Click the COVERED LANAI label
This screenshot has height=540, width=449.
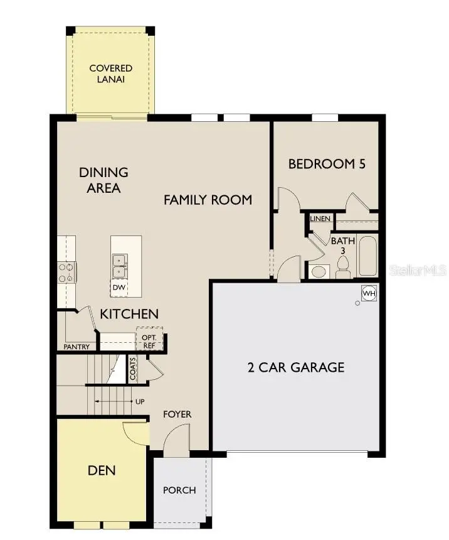click(x=110, y=73)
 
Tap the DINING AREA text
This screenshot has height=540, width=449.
click(x=104, y=180)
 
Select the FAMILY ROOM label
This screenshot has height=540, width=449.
click(x=208, y=200)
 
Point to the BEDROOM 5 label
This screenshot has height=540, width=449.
click(x=326, y=164)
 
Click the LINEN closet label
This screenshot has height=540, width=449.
click(x=320, y=219)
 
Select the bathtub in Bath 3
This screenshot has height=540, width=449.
click(x=367, y=256)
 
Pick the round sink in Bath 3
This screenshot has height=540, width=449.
click(x=319, y=272)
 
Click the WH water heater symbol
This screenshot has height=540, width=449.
click(x=369, y=293)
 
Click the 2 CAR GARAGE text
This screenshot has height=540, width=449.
click(x=295, y=367)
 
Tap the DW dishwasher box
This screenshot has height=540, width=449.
click(x=119, y=288)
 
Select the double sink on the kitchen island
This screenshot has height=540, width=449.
click(x=119, y=266)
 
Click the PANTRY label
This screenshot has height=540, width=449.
click(x=77, y=347)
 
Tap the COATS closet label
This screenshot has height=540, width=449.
click(x=133, y=369)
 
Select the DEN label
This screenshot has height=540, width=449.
click(x=101, y=470)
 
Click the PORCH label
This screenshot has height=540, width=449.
click(x=179, y=490)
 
